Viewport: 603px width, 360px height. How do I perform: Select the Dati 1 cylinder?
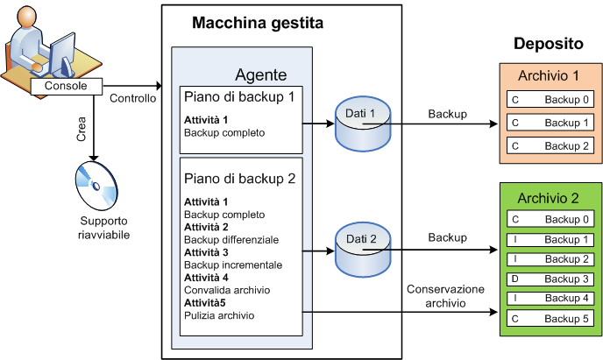point(359,123)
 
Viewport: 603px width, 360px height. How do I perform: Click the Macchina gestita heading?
point(258,23)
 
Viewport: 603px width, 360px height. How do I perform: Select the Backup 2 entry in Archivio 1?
point(549,145)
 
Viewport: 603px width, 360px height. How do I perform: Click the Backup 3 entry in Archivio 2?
point(549,279)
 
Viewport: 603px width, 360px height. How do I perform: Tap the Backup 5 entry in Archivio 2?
point(549,318)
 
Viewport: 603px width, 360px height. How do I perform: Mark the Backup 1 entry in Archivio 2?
point(549,239)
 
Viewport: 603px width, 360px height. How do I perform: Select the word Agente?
point(260,75)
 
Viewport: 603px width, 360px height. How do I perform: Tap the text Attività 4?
point(207,278)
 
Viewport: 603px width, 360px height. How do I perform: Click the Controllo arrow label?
point(133,98)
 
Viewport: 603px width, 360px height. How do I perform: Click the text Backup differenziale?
point(231,239)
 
